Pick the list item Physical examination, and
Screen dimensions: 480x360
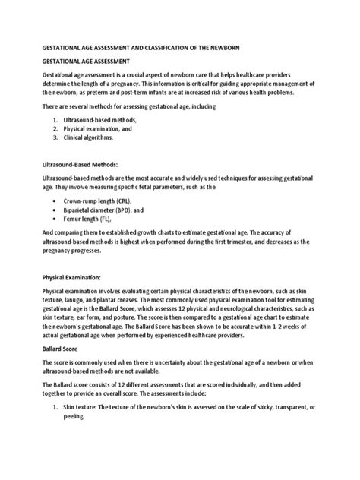coord(97,129)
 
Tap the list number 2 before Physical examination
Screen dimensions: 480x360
coord(55,129)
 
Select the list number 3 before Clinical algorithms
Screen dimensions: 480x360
coord(55,138)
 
